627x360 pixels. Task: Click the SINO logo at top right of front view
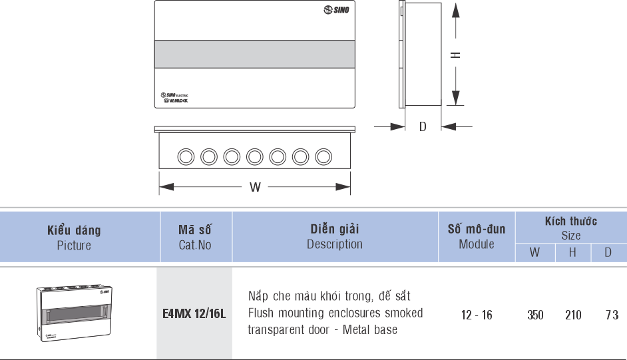tap(335, 11)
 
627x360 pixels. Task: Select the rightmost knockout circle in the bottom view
tap(323, 156)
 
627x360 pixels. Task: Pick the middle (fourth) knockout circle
tap(255, 156)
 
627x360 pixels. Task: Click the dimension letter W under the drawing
tap(255, 187)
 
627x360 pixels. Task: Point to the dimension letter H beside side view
tap(455, 55)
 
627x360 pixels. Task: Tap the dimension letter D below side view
tap(423, 126)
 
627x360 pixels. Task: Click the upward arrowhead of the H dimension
tap(455, 10)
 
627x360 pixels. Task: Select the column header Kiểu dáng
tap(74, 231)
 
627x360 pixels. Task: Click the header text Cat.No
tap(195, 245)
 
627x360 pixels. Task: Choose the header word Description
tap(334, 244)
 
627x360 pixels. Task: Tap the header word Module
tap(477, 244)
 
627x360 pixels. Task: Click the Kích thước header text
tap(570, 221)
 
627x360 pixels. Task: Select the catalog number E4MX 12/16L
tap(194, 313)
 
